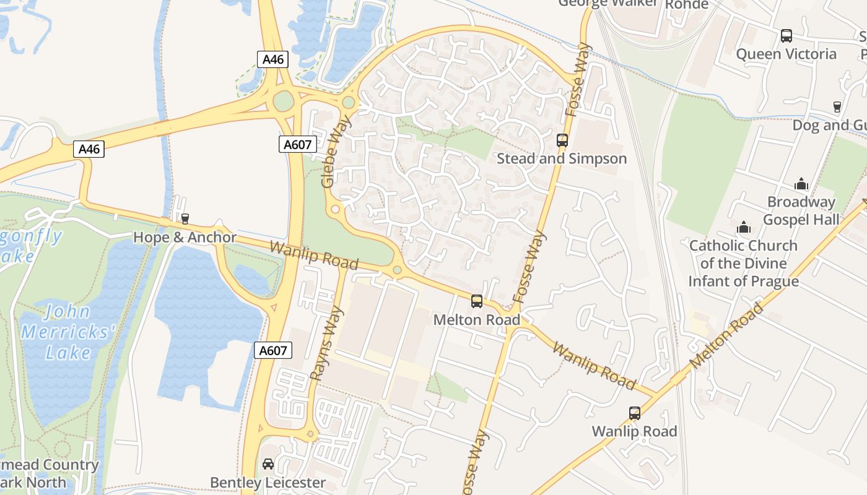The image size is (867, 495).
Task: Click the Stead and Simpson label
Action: click(562, 158)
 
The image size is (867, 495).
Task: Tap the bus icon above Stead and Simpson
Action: click(562, 140)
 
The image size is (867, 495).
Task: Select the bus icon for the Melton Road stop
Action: click(477, 301)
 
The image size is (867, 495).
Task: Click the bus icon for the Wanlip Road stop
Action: click(635, 413)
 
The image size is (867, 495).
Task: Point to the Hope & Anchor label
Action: click(185, 238)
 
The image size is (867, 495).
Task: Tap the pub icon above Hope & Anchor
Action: click(185, 219)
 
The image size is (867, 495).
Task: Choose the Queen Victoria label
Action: click(786, 54)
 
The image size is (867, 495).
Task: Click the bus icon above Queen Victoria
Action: click(786, 36)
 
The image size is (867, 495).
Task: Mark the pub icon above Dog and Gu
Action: click(837, 107)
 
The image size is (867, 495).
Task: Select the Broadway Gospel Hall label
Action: click(801, 211)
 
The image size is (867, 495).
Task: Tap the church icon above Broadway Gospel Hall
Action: click(801, 184)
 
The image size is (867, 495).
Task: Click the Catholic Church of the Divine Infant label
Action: click(743, 264)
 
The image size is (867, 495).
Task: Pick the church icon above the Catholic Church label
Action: click(744, 228)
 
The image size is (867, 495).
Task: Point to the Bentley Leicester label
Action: click(268, 482)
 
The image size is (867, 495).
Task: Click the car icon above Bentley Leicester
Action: click(268, 464)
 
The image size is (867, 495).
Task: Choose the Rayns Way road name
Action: click(326, 343)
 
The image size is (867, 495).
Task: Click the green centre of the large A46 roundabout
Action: click(283, 101)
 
